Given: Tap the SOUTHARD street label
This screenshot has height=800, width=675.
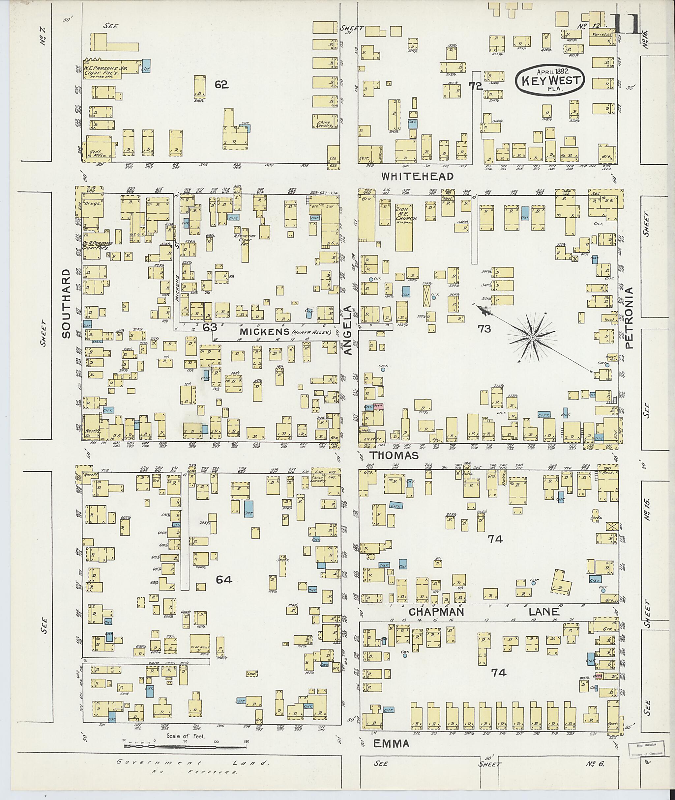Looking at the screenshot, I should [66, 303].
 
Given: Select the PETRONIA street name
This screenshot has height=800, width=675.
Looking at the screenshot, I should [629, 317].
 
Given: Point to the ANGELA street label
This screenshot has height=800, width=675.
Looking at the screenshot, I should [348, 330].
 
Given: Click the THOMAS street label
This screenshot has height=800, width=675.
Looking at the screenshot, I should [394, 455].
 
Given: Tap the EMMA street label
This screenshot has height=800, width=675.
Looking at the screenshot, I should [391, 743].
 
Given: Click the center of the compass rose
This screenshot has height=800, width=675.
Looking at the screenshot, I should [532, 338].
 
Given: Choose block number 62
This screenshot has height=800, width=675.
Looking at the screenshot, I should [221, 85].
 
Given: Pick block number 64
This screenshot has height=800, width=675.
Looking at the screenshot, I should [224, 580].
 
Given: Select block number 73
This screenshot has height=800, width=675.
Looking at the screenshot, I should [484, 328].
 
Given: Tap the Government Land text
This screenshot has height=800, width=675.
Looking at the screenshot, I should [193, 762].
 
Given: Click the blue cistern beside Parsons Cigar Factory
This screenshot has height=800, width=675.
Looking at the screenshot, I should [146, 66].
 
